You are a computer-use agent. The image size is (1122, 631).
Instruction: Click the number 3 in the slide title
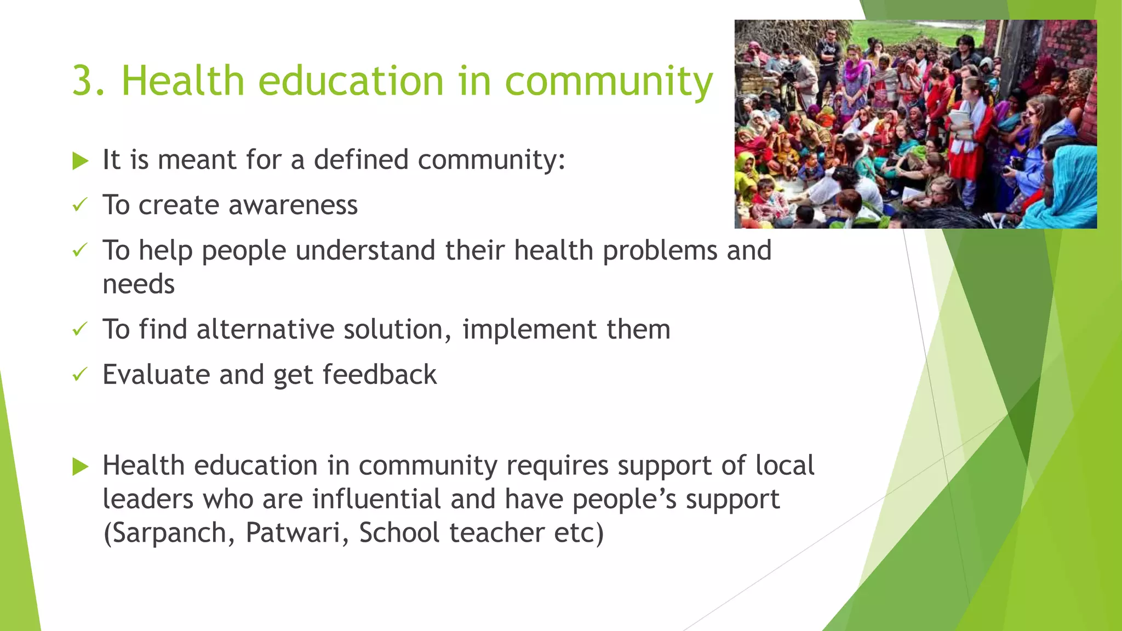[84, 81]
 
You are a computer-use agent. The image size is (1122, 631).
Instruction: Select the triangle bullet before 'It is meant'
[80, 161]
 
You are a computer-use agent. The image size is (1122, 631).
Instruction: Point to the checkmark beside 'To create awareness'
[80, 205]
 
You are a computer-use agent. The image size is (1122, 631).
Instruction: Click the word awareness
[293, 205]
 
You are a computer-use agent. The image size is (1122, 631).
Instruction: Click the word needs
[139, 284]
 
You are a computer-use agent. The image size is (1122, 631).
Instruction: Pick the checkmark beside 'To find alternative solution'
[80, 329]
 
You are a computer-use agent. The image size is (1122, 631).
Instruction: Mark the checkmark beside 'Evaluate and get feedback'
[80, 375]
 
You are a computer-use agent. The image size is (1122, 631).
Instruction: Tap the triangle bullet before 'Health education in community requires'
[80, 467]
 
